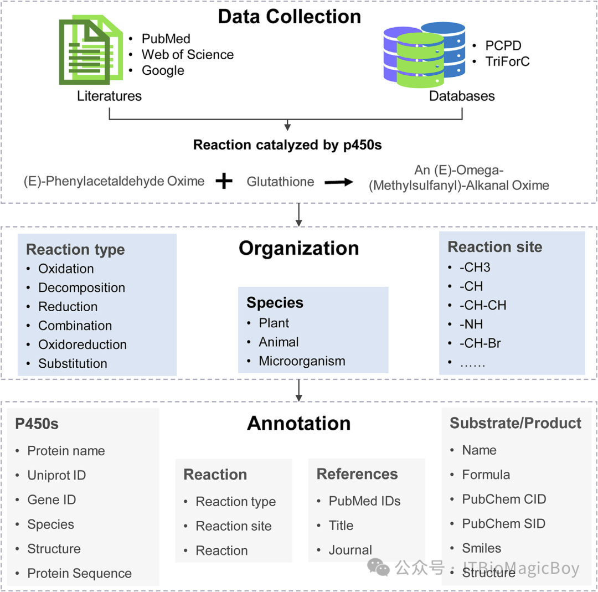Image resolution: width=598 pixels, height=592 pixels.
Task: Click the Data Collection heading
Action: (289, 17)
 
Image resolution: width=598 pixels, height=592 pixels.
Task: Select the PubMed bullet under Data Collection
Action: (166, 39)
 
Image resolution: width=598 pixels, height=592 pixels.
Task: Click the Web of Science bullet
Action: (187, 54)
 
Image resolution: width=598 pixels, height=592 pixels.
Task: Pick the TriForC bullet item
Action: (507, 61)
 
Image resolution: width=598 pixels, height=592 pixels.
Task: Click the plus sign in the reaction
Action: (224, 182)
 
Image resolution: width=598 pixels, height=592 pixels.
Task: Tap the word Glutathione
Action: (280, 182)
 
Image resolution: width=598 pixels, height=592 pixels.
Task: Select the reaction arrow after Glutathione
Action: (339, 182)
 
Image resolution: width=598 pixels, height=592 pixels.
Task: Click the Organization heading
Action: (298, 248)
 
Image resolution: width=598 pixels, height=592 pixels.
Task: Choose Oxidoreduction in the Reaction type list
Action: (82, 344)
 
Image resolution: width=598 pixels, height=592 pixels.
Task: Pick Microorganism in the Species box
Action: (302, 361)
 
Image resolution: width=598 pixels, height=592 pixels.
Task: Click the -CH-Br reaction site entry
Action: (480, 343)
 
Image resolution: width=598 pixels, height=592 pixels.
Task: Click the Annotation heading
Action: (298, 423)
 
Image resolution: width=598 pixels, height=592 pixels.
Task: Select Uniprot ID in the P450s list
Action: (56, 475)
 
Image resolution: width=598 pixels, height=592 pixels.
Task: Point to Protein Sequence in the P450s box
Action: (79, 573)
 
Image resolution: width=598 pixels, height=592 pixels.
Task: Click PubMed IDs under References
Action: (364, 501)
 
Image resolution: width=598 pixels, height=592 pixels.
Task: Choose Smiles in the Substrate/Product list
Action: (481, 548)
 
